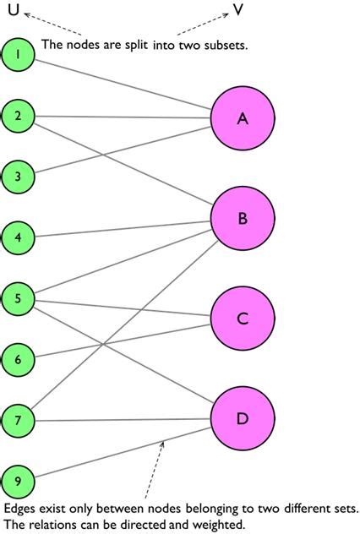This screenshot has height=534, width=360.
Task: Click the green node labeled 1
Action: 18,55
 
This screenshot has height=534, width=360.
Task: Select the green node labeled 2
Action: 18,116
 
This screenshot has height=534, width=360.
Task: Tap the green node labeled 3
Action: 18,177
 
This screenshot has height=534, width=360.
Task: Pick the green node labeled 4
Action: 18,237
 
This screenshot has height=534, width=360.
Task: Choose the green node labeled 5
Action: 18,298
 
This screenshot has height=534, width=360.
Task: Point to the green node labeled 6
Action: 18,359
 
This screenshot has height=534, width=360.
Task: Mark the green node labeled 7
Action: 18,420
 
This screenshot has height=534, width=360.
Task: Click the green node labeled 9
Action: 18,481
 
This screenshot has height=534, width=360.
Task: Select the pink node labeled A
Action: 243,119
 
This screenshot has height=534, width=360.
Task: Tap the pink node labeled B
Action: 243,219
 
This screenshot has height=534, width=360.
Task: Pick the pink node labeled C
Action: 243,319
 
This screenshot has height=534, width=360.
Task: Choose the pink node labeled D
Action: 243,418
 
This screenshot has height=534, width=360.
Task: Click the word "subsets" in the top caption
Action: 225,45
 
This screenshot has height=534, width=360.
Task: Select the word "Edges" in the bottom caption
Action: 21,509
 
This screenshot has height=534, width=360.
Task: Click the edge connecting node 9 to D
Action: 127,457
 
